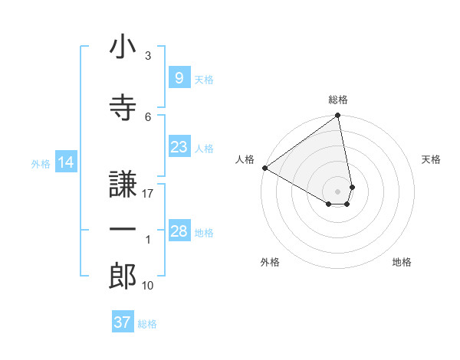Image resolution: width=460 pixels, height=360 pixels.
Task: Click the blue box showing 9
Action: [x=179, y=78]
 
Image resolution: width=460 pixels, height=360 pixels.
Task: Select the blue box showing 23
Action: [x=179, y=147]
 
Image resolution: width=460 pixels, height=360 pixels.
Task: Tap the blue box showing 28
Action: [x=179, y=231]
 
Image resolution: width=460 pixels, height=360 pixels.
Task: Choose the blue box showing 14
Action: [x=66, y=162]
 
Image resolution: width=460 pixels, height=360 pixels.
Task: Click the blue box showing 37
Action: [x=122, y=322]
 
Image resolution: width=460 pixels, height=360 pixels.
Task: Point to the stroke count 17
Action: [x=148, y=193]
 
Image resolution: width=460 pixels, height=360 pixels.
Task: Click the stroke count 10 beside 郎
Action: [x=148, y=286]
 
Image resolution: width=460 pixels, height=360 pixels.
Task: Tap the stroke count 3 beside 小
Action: [x=147, y=56]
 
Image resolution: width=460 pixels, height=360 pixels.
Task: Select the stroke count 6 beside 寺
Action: [x=148, y=116]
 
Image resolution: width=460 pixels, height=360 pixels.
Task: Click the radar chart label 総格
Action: [x=338, y=100]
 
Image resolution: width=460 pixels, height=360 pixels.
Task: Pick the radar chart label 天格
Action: [x=431, y=159]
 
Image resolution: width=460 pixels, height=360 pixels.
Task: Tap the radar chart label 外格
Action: [x=270, y=262]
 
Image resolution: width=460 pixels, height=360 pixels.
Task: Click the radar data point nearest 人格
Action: [x=264, y=168]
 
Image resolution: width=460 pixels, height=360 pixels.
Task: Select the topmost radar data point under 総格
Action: [x=338, y=116]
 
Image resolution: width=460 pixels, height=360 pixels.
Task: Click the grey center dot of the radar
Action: [x=337, y=191]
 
